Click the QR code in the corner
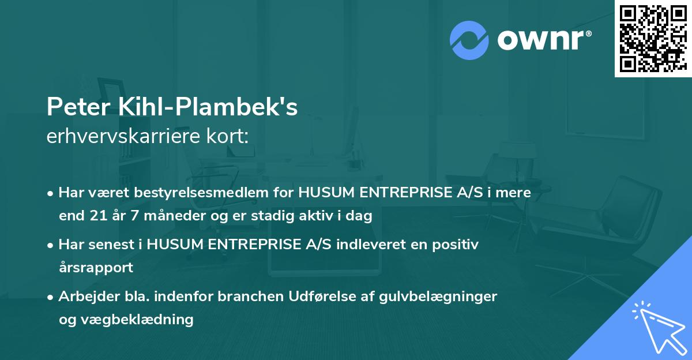click(653, 38)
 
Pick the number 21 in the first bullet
click(97, 216)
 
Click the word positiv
click(456, 245)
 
